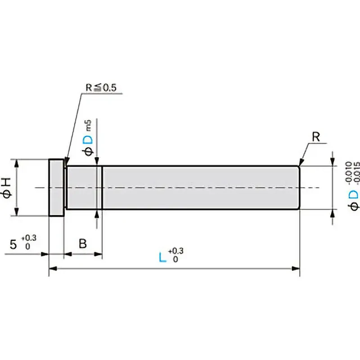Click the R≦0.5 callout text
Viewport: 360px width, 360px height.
(x=101, y=87)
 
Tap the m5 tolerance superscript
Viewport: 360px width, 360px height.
(x=88, y=126)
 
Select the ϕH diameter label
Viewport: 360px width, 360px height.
(x=7, y=188)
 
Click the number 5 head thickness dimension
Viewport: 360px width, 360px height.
(x=13, y=244)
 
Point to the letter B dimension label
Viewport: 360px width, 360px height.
(x=83, y=243)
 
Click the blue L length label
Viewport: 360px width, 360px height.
(x=162, y=257)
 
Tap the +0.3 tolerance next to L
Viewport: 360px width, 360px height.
(x=176, y=251)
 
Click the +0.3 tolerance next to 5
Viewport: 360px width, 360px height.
(x=29, y=238)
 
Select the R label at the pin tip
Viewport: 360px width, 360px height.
(x=316, y=137)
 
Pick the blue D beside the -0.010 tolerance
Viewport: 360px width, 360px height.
(x=353, y=195)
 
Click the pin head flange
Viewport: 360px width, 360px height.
(x=57, y=188)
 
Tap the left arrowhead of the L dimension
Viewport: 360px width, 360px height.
(x=53, y=268)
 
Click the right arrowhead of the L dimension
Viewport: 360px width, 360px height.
(x=296, y=268)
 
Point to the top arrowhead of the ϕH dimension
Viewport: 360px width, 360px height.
(x=17, y=163)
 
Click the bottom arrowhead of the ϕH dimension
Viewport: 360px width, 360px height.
(x=17, y=211)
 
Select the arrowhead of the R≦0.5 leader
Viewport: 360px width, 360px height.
(x=66, y=161)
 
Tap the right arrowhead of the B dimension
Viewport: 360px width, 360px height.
(x=98, y=254)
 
